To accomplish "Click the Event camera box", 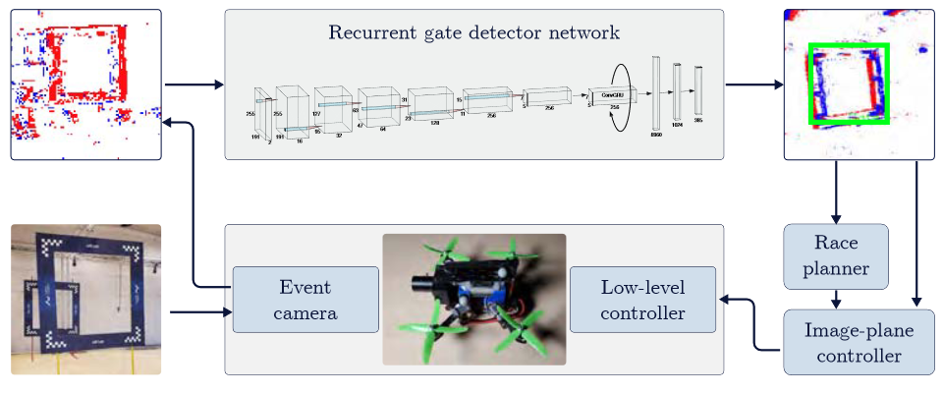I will coord(305,300).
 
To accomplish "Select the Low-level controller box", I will coord(642,300).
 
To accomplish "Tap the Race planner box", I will coord(836,256).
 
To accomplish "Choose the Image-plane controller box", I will coord(859,342).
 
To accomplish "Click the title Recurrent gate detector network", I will coord(473,32).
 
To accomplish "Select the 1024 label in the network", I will coord(677,126).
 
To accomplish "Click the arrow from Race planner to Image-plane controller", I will coord(836,299).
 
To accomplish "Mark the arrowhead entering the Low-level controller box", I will coord(725,300).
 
